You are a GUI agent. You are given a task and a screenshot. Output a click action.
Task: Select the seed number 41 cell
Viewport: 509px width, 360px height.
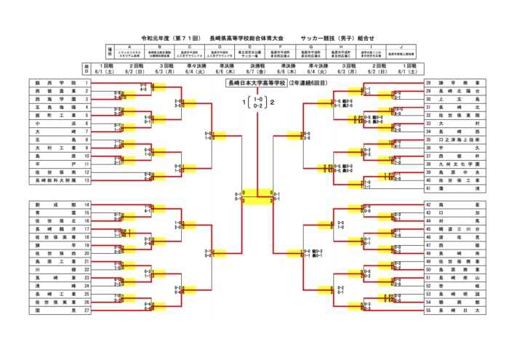tap(428, 188)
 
